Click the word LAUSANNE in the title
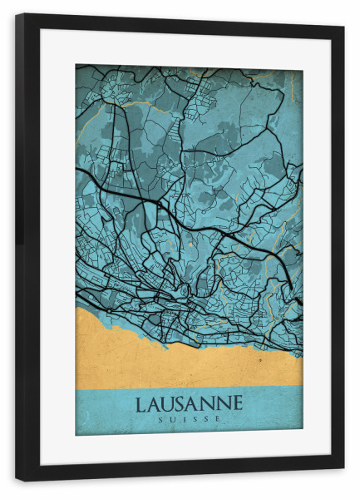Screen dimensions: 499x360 (189, 403)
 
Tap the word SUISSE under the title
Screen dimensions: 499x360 (189, 419)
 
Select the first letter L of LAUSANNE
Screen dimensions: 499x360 (140, 403)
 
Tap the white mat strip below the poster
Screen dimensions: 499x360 (189, 449)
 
